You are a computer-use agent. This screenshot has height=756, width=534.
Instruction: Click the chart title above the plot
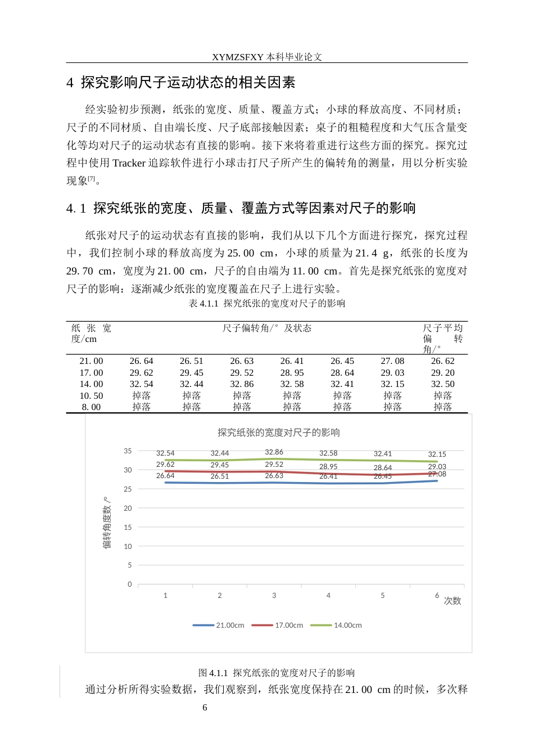coord(279,433)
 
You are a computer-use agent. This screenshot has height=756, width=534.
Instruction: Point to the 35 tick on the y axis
coord(128,451)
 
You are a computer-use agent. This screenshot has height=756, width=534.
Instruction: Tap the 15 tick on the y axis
coord(128,528)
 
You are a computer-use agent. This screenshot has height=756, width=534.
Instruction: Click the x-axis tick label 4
coord(328,596)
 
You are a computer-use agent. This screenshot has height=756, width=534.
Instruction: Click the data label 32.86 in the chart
coord(274,452)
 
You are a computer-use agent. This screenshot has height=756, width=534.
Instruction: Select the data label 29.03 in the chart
coord(437,467)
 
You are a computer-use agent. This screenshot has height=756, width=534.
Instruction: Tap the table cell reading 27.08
coord(392,361)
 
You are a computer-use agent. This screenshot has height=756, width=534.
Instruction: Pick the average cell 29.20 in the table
coord(442,373)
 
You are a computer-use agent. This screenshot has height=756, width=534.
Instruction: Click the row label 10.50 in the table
coord(91,396)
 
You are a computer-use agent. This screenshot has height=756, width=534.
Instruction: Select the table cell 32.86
coord(242,384)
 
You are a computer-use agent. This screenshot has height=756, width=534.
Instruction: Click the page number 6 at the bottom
coord(205,708)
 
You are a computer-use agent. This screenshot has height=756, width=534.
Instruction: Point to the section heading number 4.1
coord(76,209)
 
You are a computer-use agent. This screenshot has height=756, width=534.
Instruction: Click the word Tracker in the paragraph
coord(129,163)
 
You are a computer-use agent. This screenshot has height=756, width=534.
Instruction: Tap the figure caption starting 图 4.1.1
coord(277,673)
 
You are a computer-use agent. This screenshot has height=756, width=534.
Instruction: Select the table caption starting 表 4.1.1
coord(267,304)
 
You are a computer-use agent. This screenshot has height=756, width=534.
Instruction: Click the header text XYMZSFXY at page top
coord(238,57)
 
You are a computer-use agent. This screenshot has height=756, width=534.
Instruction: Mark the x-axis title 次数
coord(452,601)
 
